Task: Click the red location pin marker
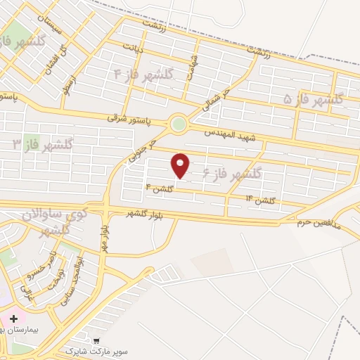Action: pos(181,164)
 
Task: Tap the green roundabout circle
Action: pos(179,124)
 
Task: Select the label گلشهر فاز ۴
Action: pos(144,74)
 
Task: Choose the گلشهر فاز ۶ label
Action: pos(232,172)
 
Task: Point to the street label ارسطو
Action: pos(68,82)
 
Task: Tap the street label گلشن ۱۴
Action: pos(259,201)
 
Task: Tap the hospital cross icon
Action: pos(13,319)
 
